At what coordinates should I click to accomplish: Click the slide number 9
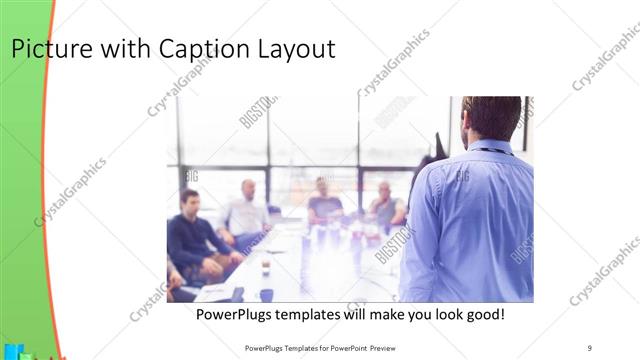[589, 347]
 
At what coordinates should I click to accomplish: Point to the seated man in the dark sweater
[191, 236]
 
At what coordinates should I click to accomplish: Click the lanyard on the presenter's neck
[491, 150]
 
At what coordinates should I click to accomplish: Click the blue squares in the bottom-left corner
[12, 352]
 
